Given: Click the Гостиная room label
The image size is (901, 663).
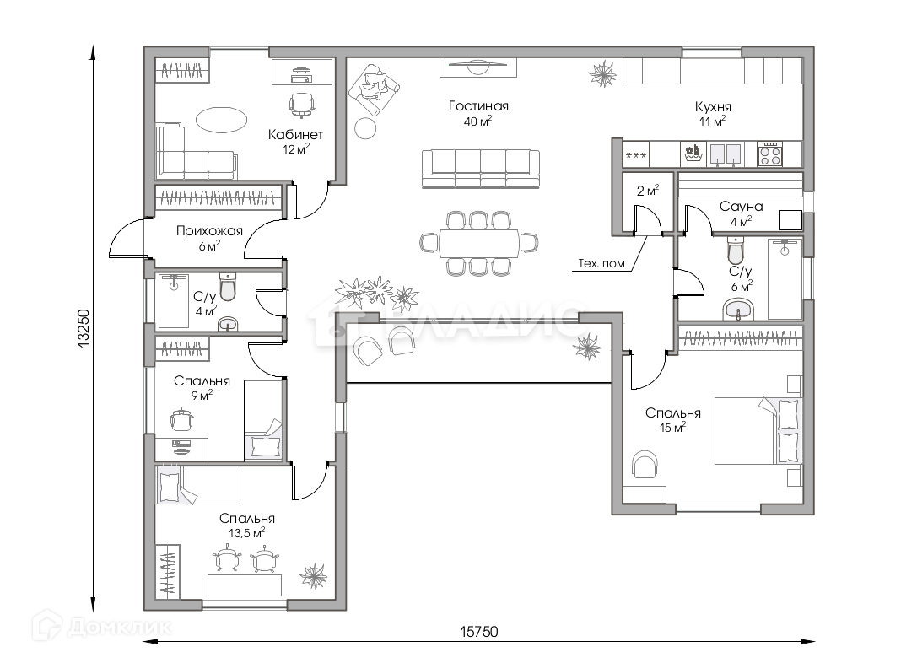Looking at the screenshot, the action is pyautogui.click(x=478, y=106).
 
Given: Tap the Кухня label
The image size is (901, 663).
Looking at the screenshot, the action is pyautogui.click(x=713, y=107).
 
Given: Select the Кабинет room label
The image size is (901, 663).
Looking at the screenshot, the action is pyautogui.click(x=295, y=135).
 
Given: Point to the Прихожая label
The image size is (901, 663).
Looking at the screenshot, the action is pyautogui.click(x=209, y=231).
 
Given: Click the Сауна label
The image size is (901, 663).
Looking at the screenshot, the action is pyautogui.click(x=742, y=207).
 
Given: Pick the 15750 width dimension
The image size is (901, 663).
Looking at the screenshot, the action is pyautogui.click(x=478, y=632).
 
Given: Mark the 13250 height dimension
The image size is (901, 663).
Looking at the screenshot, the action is pyautogui.click(x=83, y=329).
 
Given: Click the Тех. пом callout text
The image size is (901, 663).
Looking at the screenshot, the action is pyautogui.click(x=601, y=264).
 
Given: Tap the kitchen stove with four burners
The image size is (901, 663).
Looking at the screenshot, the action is pyautogui.click(x=770, y=154).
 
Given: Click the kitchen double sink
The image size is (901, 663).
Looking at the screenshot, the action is pyautogui.click(x=726, y=154).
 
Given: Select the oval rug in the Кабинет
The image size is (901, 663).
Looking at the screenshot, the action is pyautogui.click(x=221, y=120).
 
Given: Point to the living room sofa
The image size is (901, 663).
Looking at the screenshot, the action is pyautogui.click(x=481, y=169).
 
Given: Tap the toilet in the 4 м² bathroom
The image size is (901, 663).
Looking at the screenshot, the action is pyautogui.click(x=228, y=287).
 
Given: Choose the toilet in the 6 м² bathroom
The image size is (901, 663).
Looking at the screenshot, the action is pyautogui.click(x=736, y=250).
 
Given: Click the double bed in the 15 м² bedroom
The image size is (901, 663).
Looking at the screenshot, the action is pyautogui.click(x=758, y=430).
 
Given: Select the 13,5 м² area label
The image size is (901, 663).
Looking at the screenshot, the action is pyautogui.click(x=246, y=533).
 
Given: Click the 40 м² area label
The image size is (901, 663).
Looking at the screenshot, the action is pyautogui.click(x=478, y=121).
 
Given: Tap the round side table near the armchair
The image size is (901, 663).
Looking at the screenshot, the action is pyautogui.click(x=365, y=128).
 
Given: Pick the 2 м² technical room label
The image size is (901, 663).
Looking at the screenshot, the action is pyautogui.click(x=648, y=191).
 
